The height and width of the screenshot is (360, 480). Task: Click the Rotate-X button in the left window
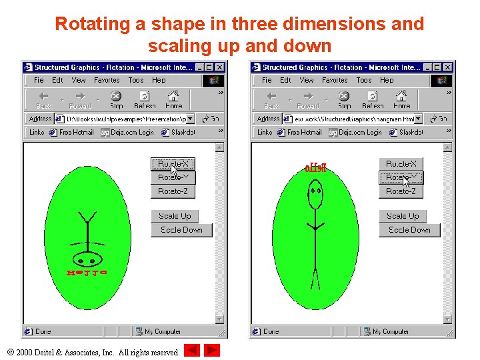coord(173,164)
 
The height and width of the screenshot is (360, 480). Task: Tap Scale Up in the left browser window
coord(175,216)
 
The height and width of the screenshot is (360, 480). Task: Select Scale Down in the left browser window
coord(181,230)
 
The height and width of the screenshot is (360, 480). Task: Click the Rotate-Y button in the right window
coord(401,178)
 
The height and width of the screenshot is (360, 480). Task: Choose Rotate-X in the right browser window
coord(401,164)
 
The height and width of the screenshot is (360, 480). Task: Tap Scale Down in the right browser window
coord(409,230)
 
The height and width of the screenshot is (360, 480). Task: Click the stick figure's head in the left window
coord(87,257)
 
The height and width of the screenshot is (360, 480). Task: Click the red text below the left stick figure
coord(87,273)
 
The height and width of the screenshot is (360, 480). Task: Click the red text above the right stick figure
coord(315,169)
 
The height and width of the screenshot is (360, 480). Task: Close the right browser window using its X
coord(448,67)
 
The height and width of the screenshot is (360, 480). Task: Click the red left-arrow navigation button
coord(191,351)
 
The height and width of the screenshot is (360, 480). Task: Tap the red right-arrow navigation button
coord(212,351)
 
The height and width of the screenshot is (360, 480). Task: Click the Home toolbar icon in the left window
coord(174,99)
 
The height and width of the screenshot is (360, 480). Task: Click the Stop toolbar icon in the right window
coord(344,99)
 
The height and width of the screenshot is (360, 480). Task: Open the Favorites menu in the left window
coord(107,80)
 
